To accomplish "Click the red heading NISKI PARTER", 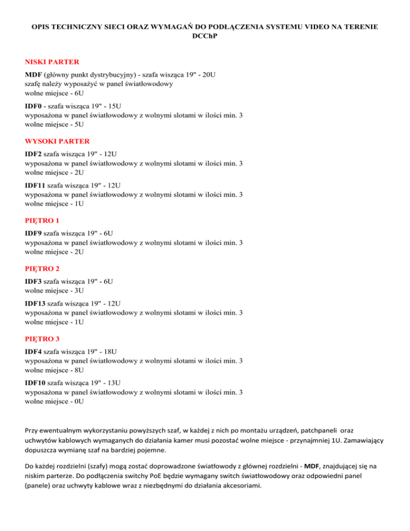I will pos(52,62).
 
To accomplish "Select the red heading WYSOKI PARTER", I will pos(57,141).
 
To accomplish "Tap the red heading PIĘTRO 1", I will pos(42,220).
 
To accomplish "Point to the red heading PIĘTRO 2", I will pos(42,270).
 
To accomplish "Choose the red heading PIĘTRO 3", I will pos(42,339).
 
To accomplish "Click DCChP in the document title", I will pos(205,36).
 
